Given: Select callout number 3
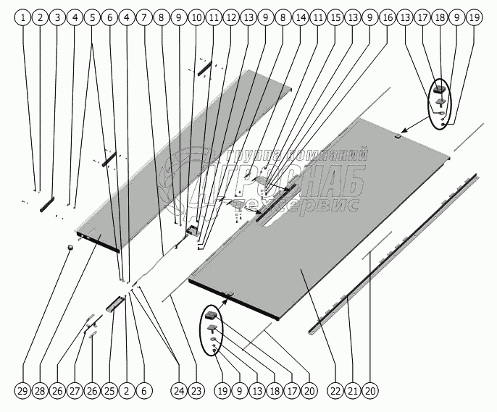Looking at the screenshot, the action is (57, 16).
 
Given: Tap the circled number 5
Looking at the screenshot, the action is (91, 16).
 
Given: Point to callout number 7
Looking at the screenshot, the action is (143, 16).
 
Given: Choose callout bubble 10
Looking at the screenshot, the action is (196, 16).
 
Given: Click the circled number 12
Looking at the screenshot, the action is (230, 16).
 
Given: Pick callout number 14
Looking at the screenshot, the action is (300, 16).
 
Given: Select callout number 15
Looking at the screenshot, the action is (335, 16).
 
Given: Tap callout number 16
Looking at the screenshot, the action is (387, 16).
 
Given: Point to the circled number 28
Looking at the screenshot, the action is (40, 391).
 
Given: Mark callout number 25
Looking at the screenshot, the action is (109, 391).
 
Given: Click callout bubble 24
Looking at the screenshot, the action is (179, 391).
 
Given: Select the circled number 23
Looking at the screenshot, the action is (196, 391).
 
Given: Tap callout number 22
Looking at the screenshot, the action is (335, 391).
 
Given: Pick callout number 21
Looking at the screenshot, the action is (352, 391).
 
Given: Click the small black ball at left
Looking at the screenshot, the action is (70, 248).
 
